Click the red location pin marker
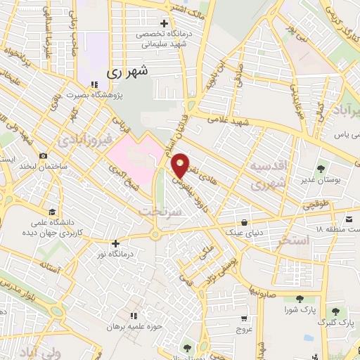pyautogui.click(x=181, y=165)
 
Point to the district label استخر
pyautogui.click(x=294, y=241)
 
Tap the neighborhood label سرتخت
pyautogui.click(x=161, y=211)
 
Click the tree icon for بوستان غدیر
pyautogui.click(x=321, y=168)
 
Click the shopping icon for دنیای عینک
pyautogui.click(x=244, y=221)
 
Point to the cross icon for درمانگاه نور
pyautogui.click(x=116, y=243)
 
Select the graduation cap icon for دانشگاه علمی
pyautogui.click(x=51, y=212)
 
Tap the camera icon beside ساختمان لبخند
pyautogui.click(x=44, y=155)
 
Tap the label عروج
pyautogui.click(x=243, y=328)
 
